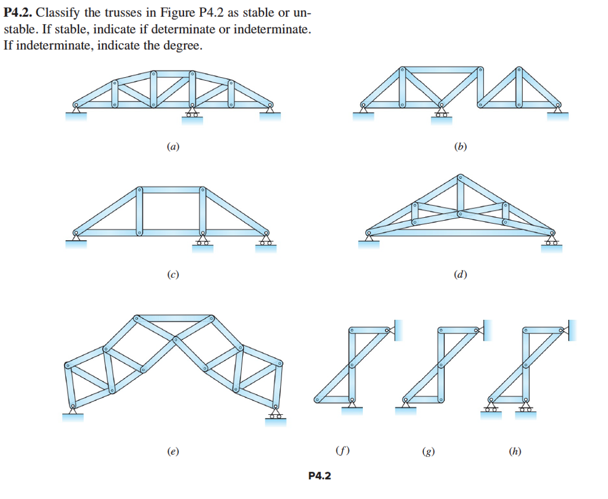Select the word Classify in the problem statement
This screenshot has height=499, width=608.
click(59, 14)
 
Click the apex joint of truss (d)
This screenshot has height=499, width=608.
click(460, 177)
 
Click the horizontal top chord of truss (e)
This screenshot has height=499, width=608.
click(173, 319)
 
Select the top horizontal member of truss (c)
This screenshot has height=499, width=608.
click(170, 190)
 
